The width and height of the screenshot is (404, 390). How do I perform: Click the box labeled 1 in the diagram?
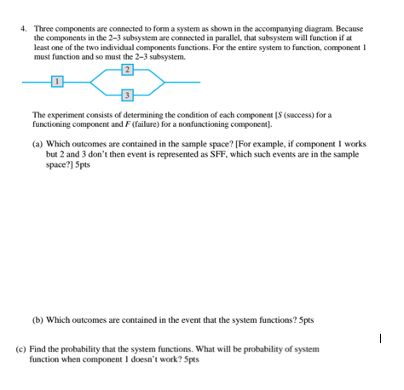56,81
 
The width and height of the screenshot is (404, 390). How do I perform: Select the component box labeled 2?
127,67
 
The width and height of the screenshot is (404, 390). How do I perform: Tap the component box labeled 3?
127,94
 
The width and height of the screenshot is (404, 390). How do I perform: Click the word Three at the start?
44,28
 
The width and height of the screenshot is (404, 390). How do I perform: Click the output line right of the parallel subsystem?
182,81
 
